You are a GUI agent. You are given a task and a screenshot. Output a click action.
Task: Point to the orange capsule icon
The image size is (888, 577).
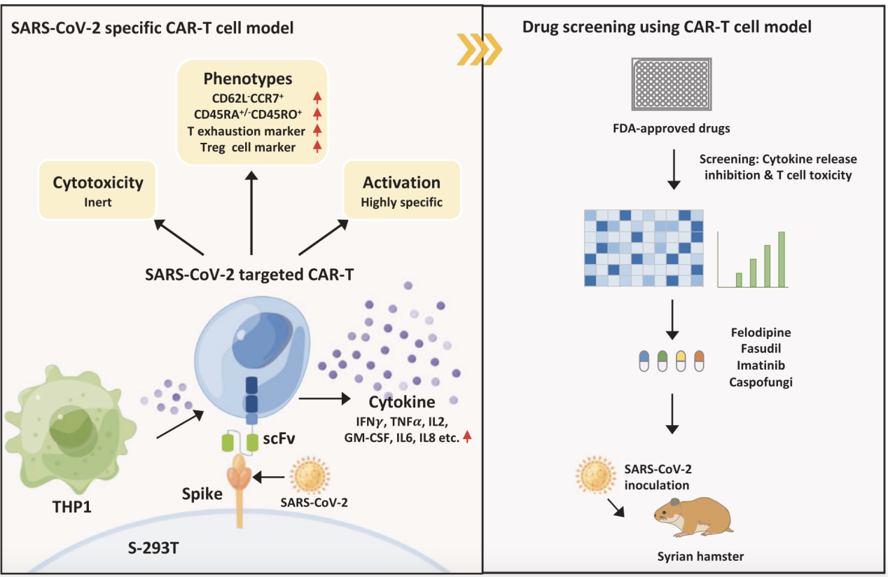click(698, 361)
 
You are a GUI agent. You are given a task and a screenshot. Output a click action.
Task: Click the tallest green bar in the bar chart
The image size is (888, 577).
click(781, 260)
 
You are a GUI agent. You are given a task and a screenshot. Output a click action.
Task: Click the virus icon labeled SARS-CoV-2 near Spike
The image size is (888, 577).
click(309, 475)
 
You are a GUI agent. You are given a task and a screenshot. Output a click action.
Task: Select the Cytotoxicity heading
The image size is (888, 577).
click(98, 183)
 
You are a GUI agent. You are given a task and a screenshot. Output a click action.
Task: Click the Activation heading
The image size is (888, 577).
click(401, 183)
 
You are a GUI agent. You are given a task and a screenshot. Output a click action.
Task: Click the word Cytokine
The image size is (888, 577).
click(403, 402)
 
